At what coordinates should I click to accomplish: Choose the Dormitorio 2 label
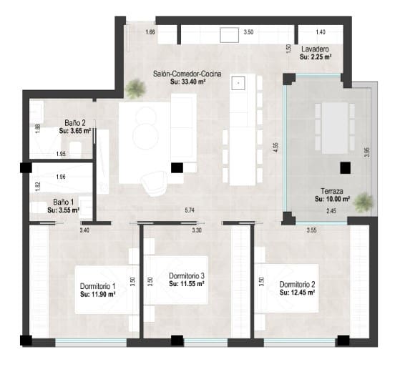pos(297,284)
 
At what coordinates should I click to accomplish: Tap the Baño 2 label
pos(74,122)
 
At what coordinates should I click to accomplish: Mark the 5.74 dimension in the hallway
pos(190,210)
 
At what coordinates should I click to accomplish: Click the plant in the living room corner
pos(133,89)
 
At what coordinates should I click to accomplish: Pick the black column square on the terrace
pos(345,167)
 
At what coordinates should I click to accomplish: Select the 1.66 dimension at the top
pos(150,33)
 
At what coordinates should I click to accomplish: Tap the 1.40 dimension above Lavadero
pos(320,33)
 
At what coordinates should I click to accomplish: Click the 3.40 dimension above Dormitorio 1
pos(84,230)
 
